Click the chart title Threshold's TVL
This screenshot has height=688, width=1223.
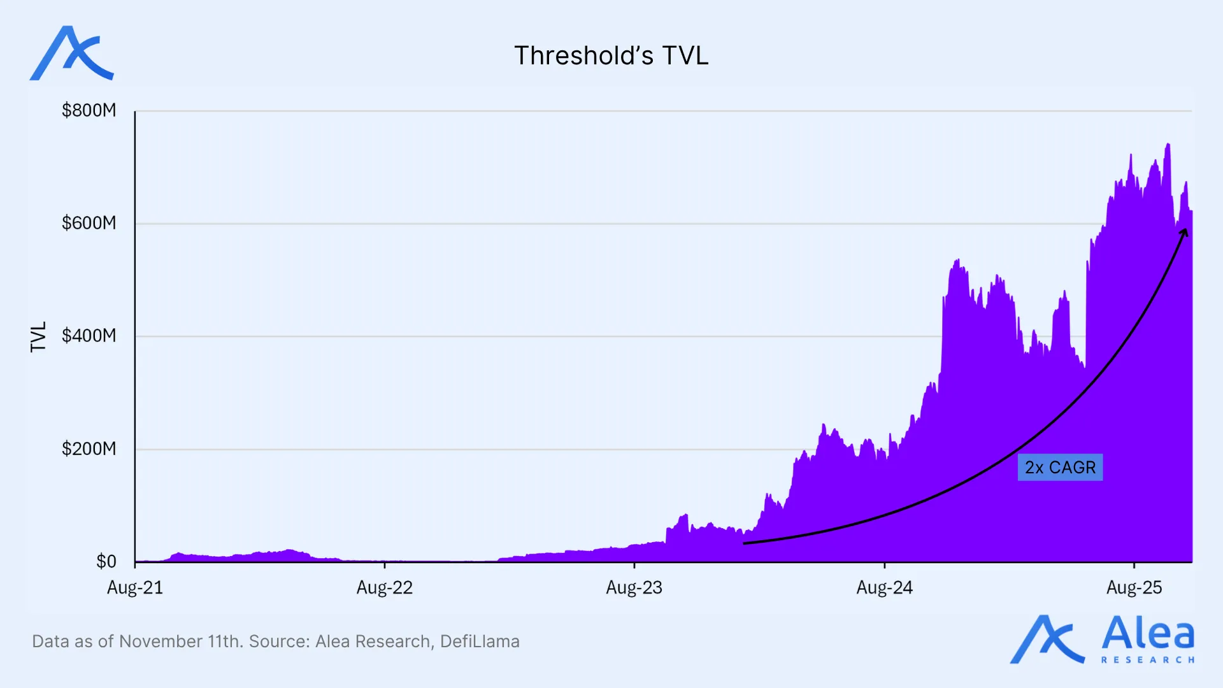[611, 56]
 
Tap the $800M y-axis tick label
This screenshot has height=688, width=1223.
[89, 111]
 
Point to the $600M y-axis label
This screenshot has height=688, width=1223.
[89, 223]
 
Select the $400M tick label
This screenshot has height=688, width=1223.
[89, 336]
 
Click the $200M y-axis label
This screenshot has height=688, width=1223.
[89, 448]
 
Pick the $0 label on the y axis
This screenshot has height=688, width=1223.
[106, 561]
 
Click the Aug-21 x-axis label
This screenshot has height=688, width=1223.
[135, 587]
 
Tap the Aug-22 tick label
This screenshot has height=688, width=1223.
[385, 587]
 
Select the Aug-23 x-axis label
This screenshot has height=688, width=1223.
[634, 587]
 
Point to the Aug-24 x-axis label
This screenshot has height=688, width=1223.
[884, 587]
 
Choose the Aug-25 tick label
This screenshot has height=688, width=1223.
[1134, 587]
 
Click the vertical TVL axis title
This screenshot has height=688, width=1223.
[39, 336]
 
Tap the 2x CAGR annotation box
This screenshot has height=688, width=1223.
[1060, 468]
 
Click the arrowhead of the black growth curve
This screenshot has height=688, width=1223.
[1184, 232]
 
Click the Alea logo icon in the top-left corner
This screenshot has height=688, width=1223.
[71, 54]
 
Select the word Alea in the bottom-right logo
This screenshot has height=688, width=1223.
[1148, 634]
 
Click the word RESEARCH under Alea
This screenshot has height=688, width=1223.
[1148, 660]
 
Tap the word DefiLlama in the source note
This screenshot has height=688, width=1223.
[480, 641]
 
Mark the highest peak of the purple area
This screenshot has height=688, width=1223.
[1168, 145]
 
